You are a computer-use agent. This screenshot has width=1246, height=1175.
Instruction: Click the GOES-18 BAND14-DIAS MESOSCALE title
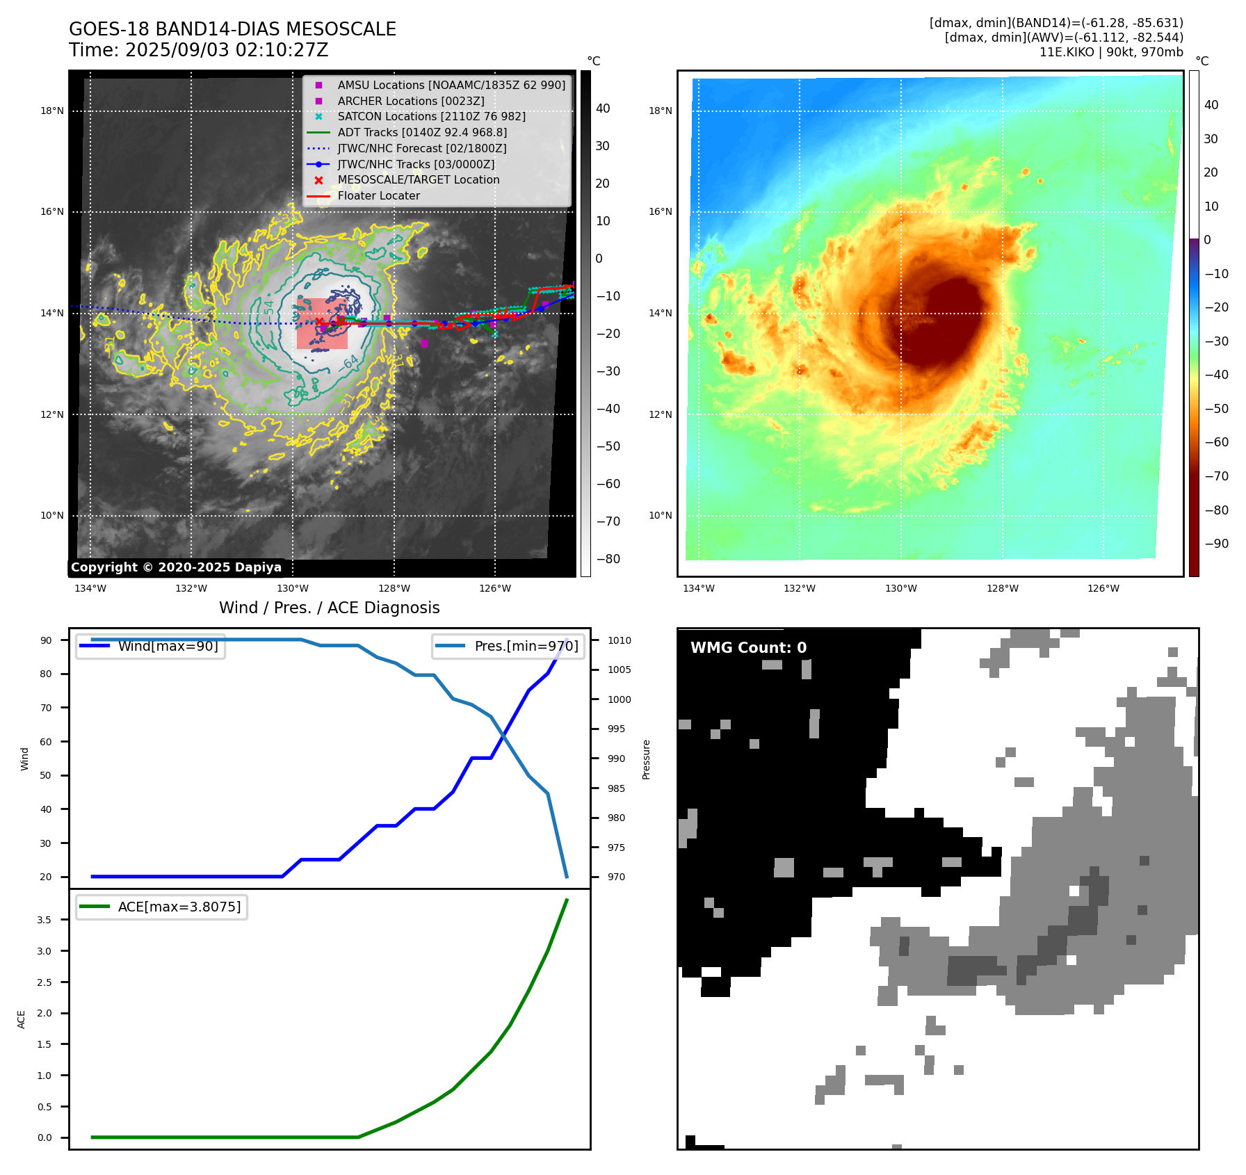click(x=232, y=29)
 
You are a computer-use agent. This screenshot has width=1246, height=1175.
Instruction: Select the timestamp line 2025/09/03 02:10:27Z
click(x=198, y=50)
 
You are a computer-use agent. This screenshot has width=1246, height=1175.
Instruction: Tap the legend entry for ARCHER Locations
click(x=410, y=101)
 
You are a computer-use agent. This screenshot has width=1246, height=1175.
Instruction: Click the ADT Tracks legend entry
click(x=421, y=132)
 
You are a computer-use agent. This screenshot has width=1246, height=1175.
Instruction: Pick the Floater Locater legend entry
click(x=378, y=195)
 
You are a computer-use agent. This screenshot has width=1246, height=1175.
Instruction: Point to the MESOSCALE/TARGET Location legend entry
click(x=418, y=179)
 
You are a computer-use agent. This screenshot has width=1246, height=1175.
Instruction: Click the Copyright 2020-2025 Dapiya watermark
click(x=176, y=567)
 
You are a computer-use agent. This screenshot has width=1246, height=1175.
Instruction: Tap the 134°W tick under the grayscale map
click(x=90, y=588)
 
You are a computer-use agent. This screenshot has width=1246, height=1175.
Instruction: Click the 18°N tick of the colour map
click(x=660, y=111)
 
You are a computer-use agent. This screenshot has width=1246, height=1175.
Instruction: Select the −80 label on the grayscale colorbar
click(x=608, y=558)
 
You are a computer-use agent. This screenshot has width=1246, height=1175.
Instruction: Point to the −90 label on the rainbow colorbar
click(x=1216, y=544)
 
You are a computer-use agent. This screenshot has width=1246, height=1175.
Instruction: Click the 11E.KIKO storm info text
click(x=1110, y=52)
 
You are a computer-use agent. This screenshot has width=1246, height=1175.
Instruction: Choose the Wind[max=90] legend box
click(x=151, y=646)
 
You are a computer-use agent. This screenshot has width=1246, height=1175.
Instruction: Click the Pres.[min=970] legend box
click(x=508, y=646)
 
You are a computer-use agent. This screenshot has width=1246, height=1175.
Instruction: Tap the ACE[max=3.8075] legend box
click(x=162, y=907)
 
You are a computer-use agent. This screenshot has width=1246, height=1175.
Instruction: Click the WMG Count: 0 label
click(x=748, y=647)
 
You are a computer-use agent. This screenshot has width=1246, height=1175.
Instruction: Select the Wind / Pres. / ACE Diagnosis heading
click(x=329, y=608)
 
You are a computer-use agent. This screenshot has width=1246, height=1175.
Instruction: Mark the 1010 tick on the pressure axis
click(x=619, y=640)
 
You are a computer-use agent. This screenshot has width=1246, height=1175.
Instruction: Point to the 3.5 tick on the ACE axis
click(x=44, y=920)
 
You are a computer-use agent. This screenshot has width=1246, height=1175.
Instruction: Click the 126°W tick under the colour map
click(x=1103, y=588)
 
